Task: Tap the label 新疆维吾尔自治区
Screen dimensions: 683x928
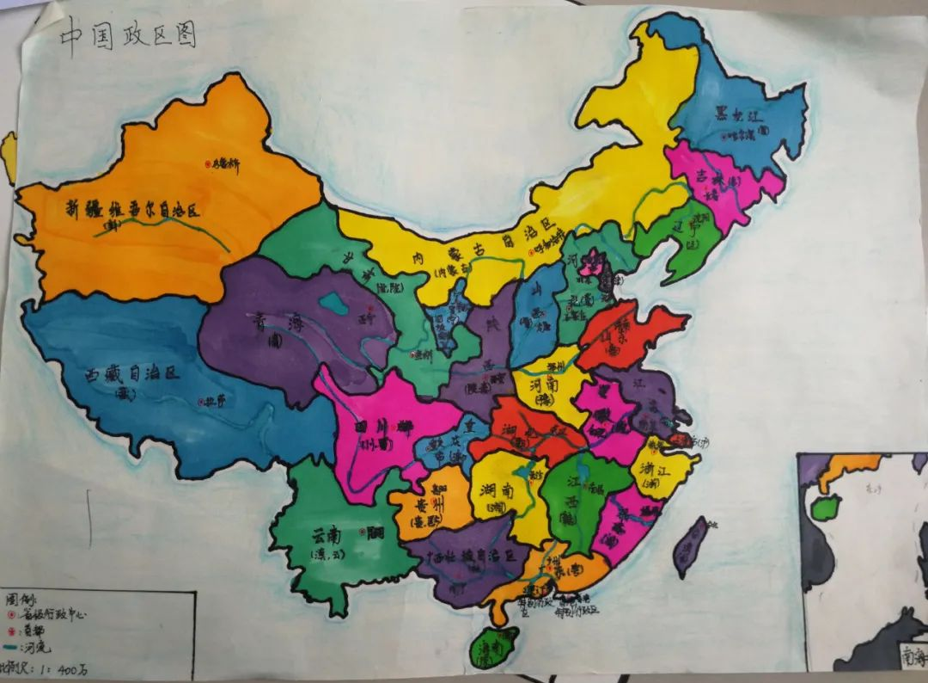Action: pos(133,209)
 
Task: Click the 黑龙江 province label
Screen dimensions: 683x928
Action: pos(738,115)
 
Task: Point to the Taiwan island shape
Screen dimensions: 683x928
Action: pos(689,545)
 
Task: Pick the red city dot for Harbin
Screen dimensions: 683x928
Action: pos(727,134)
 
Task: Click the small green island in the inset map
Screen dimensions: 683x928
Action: pos(826,507)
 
